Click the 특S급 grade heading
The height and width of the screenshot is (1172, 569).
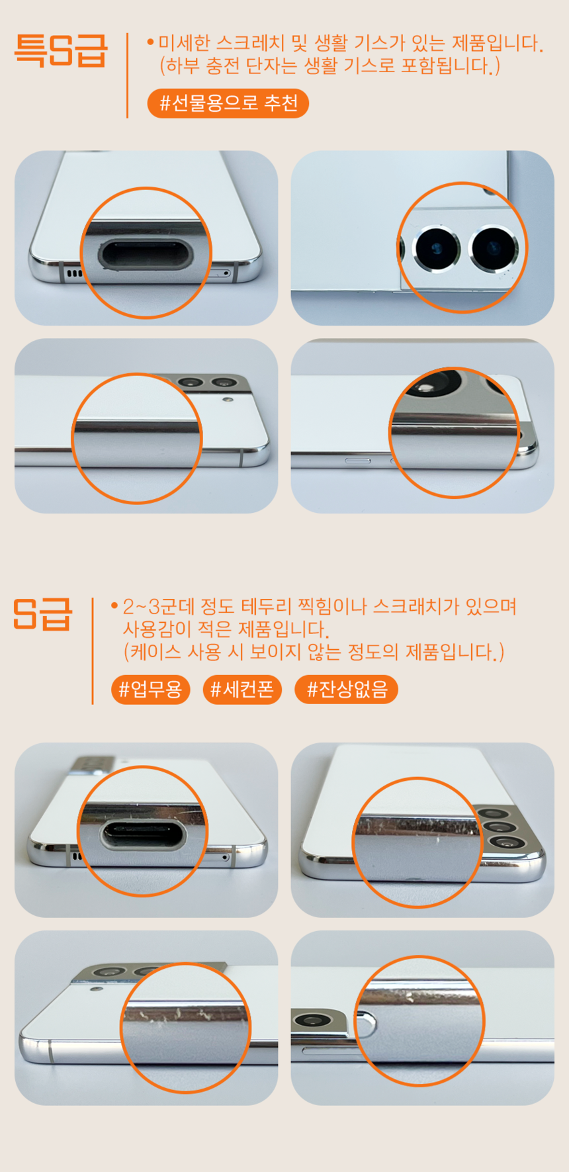[60, 51]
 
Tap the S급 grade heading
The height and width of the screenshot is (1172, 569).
[42, 614]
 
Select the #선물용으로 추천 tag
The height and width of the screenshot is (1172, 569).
[228, 103]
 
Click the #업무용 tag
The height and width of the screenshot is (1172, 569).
[151, 690]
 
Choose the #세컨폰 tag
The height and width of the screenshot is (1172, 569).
[242, 690]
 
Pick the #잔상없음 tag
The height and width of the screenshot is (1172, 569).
[346, 690]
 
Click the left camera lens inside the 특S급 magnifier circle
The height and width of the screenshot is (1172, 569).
[437, 249]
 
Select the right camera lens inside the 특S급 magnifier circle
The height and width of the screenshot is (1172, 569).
[494, 249]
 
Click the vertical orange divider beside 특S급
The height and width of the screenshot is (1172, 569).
[127, 75]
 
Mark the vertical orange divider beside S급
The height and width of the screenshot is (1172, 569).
[93, 651]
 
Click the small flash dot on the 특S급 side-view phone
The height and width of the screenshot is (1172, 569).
[229, 400]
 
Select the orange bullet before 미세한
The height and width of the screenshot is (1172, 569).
[151, 42]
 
